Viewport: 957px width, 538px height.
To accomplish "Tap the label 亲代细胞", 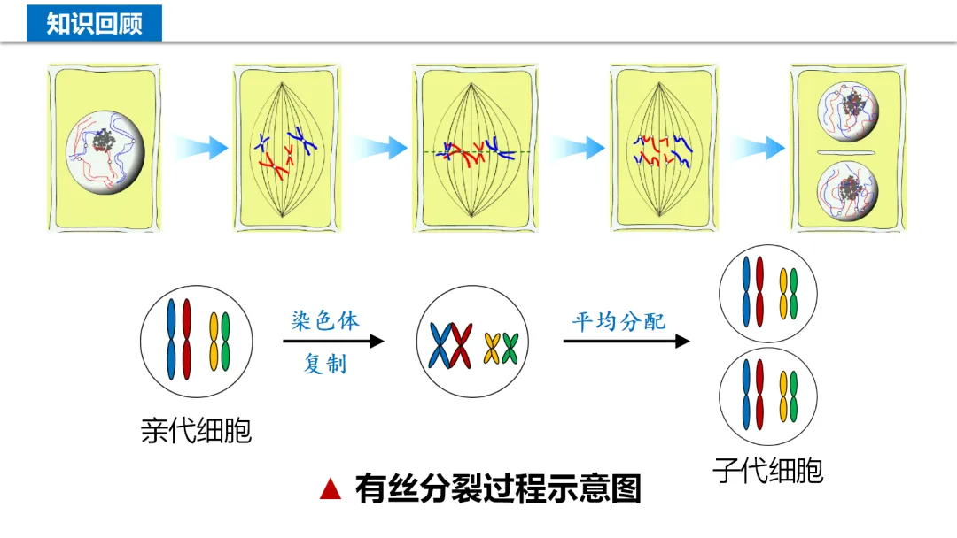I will click(x=196, y=430).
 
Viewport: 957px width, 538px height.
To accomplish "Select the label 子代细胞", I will click(x=767, y=470).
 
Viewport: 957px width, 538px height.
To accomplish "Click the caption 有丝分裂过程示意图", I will click(x=498, y=488).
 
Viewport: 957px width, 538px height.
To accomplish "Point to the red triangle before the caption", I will click(x=331, y=488).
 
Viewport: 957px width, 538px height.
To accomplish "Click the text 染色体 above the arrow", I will click(x=325, y=320).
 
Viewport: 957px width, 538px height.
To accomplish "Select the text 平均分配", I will click(x=619, y=320).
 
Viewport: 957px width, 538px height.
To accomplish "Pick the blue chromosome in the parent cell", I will click(x=172, y=339).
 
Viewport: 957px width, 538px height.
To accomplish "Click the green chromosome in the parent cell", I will click(x=225, y=341).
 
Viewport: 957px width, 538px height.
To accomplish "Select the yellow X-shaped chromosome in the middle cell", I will click(x=493, y=348).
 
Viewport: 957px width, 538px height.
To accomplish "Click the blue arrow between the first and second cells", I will click(x=198, y=147).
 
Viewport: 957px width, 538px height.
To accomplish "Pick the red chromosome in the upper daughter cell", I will click(x=759, y=291).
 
